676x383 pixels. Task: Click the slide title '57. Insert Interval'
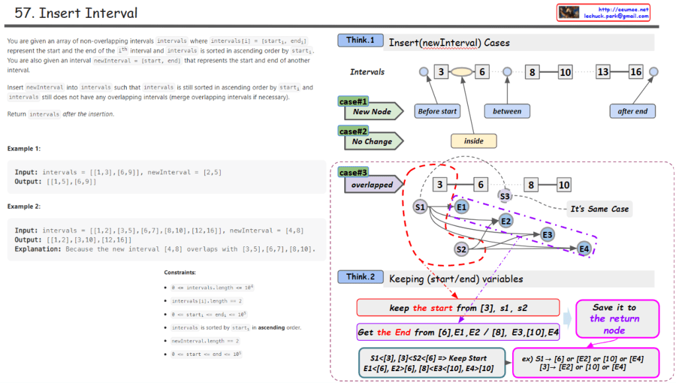76,13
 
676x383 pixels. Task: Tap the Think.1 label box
360,40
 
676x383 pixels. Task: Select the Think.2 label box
360,277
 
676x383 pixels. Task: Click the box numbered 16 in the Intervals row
635,72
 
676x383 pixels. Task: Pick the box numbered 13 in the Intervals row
603,72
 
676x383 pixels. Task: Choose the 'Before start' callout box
437,112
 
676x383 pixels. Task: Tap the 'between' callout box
507,112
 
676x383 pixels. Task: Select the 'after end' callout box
632,112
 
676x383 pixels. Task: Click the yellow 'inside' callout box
474,141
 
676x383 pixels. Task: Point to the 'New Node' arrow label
371,112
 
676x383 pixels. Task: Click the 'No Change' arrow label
371,141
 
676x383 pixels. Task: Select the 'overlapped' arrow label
371,185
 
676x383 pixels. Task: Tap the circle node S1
420,207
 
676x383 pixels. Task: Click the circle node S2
462,249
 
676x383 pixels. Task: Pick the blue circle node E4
583,248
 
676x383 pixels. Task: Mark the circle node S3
505,196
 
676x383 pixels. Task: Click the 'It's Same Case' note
599,209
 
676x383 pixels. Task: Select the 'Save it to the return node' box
614,319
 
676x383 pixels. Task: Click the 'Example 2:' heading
24,207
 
